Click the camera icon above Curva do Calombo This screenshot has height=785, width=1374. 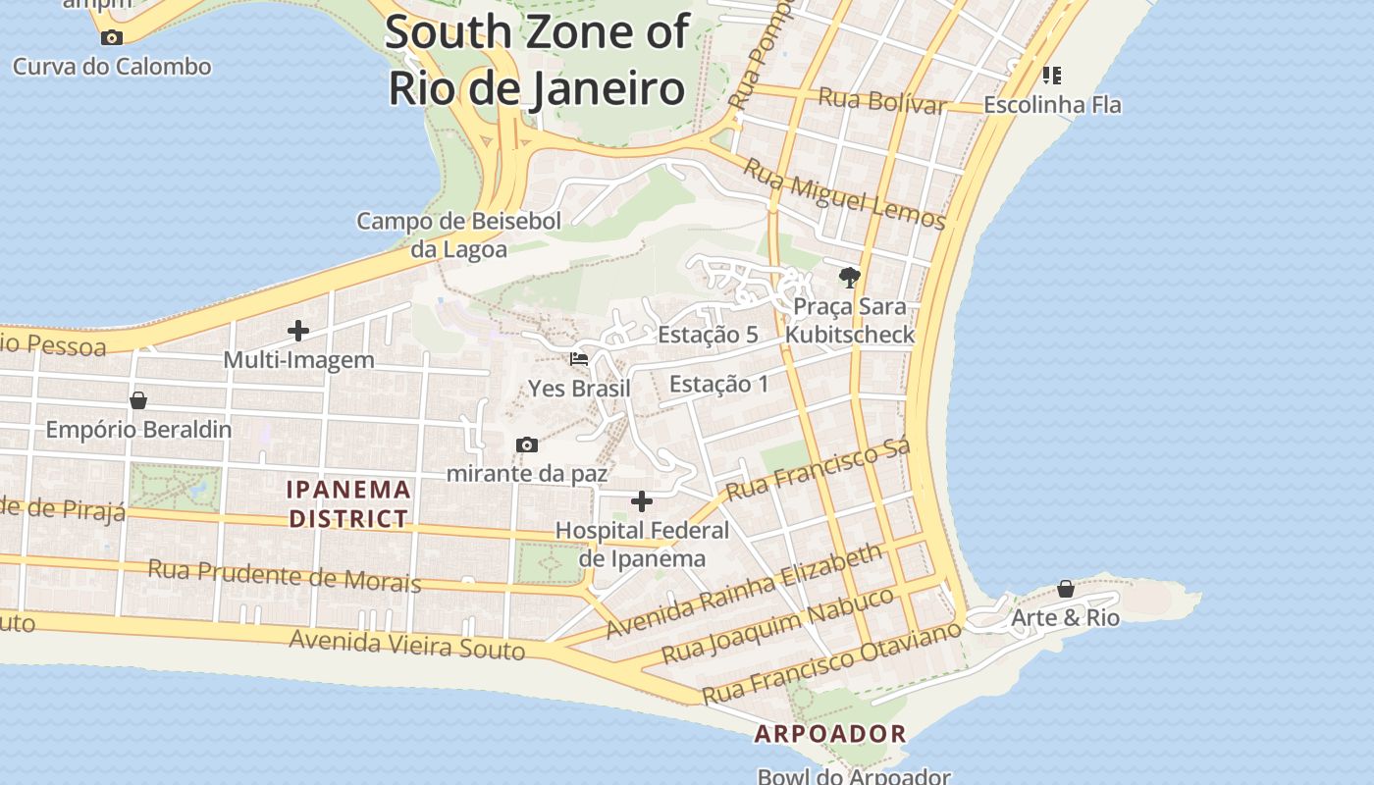coord(112,38)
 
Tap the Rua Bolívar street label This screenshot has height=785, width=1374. coord(881,100)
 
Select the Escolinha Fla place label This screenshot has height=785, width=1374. coord(1052,104)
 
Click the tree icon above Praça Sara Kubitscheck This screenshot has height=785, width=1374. coord(849,278)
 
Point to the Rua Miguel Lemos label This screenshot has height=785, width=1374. coord(843,193)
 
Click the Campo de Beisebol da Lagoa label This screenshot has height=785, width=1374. coord(458,235)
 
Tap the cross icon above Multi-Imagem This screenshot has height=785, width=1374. coord(298,332)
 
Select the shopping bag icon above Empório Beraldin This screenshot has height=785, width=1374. coord(138,400)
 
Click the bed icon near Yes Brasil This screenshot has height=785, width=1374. coord(579,359)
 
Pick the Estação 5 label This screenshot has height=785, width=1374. coord(708,335)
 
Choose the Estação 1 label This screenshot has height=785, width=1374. coord(719,384)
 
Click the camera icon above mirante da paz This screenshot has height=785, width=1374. coord(527,445)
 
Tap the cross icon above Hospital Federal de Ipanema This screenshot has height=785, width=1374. coord(642,502)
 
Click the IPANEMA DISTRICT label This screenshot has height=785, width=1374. coord(348,503)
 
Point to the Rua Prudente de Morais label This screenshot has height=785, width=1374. coord(285,576)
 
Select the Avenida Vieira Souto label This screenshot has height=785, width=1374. coord(406,645)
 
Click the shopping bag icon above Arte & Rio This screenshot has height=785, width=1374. coord(1066,589)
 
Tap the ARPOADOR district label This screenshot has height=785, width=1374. coord(830,733)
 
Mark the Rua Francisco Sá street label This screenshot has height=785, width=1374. coord(819,468)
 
